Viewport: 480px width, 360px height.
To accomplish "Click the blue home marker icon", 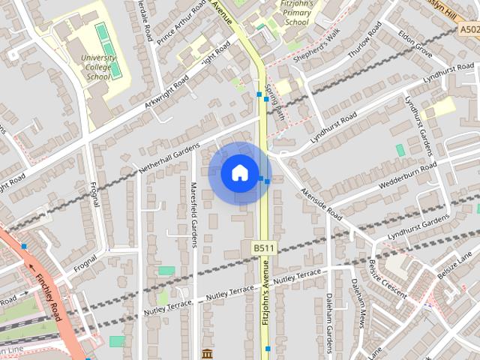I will tap(239, 172).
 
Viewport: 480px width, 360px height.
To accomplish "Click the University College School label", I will tap(98, 67).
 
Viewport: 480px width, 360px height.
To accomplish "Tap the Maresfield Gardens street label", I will tap(193, 214).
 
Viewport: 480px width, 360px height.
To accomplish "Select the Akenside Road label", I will tap(321, 203).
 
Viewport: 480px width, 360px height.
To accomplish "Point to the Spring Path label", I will tap(280, 101).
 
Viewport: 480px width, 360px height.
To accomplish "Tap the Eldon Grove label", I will tap(415, 43).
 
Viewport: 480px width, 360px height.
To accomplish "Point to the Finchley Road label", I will tap(49, 289).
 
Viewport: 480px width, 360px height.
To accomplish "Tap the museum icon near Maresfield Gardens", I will tap(207, 353).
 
